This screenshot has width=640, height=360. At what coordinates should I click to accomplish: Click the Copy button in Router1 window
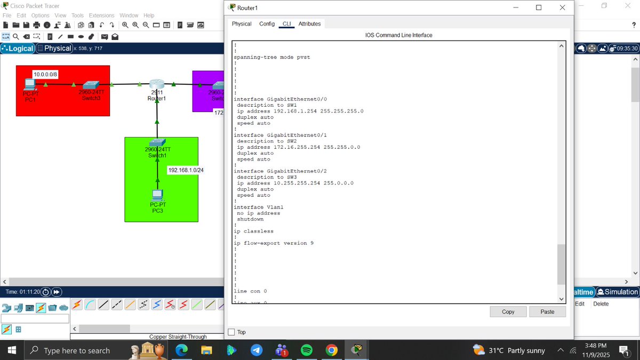(508, 311)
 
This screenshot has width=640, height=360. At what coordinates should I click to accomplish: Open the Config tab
(267, 24)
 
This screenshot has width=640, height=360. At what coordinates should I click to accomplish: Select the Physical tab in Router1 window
(241, 24)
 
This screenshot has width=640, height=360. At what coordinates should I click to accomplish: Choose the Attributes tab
(309, 24)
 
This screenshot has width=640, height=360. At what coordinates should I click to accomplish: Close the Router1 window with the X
(562, 7)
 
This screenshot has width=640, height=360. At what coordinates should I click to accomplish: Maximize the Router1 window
(539, 7)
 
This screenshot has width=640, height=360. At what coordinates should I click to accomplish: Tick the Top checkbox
(231, 332)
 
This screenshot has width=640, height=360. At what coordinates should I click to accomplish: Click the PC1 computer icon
(29, 84)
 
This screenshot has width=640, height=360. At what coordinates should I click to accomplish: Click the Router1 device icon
(157, 84)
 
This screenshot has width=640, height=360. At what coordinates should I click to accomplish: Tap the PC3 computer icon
(157, 195)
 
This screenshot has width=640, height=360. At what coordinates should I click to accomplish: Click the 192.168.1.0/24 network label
(186, 170)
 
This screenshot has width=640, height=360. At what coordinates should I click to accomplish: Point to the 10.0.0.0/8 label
(45, 74)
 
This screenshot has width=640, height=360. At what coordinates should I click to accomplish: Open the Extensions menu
(101, 15)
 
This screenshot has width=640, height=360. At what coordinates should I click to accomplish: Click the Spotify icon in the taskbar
(307, 350)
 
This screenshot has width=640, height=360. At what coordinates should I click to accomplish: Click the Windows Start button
(12, 350)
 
